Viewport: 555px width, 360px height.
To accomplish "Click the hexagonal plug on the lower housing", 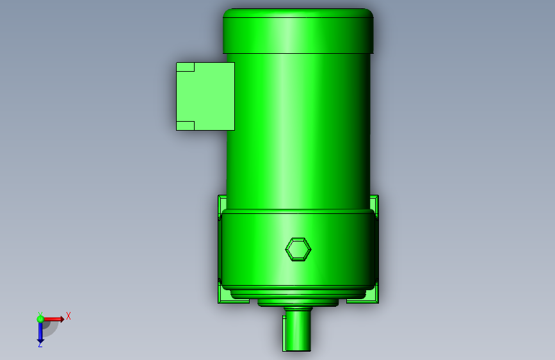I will click(298, 249).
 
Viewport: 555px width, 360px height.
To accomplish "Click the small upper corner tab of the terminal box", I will click(185, 67).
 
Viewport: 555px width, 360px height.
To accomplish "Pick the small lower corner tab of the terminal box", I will click(185, 126).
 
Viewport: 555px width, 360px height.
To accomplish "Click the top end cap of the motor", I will click(298, 31).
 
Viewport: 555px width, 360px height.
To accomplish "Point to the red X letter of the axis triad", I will click(68, 316).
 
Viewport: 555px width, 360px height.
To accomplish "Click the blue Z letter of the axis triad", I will click(40, 344).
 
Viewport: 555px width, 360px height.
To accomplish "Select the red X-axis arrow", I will click(54, 318).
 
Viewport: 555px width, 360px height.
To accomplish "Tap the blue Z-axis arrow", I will click(40, 331).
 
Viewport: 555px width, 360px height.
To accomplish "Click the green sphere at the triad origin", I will click(40, 319).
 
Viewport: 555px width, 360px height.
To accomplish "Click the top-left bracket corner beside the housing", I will click(221, 202).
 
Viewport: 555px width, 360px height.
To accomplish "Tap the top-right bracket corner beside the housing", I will click(374, 202).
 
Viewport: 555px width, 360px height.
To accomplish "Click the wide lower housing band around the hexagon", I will click(333, 250).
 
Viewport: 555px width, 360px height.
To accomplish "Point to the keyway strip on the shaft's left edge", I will click(284, 333).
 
